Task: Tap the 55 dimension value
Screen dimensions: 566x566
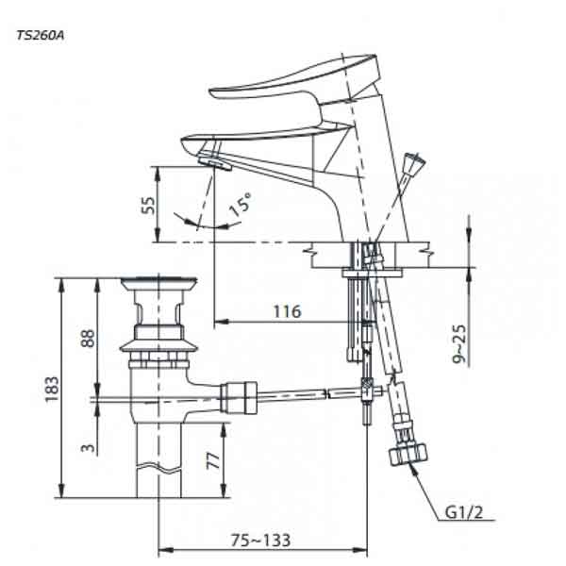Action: [147, 206]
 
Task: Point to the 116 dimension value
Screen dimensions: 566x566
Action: [287, 311]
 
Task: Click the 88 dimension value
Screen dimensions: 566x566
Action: [87, 339]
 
